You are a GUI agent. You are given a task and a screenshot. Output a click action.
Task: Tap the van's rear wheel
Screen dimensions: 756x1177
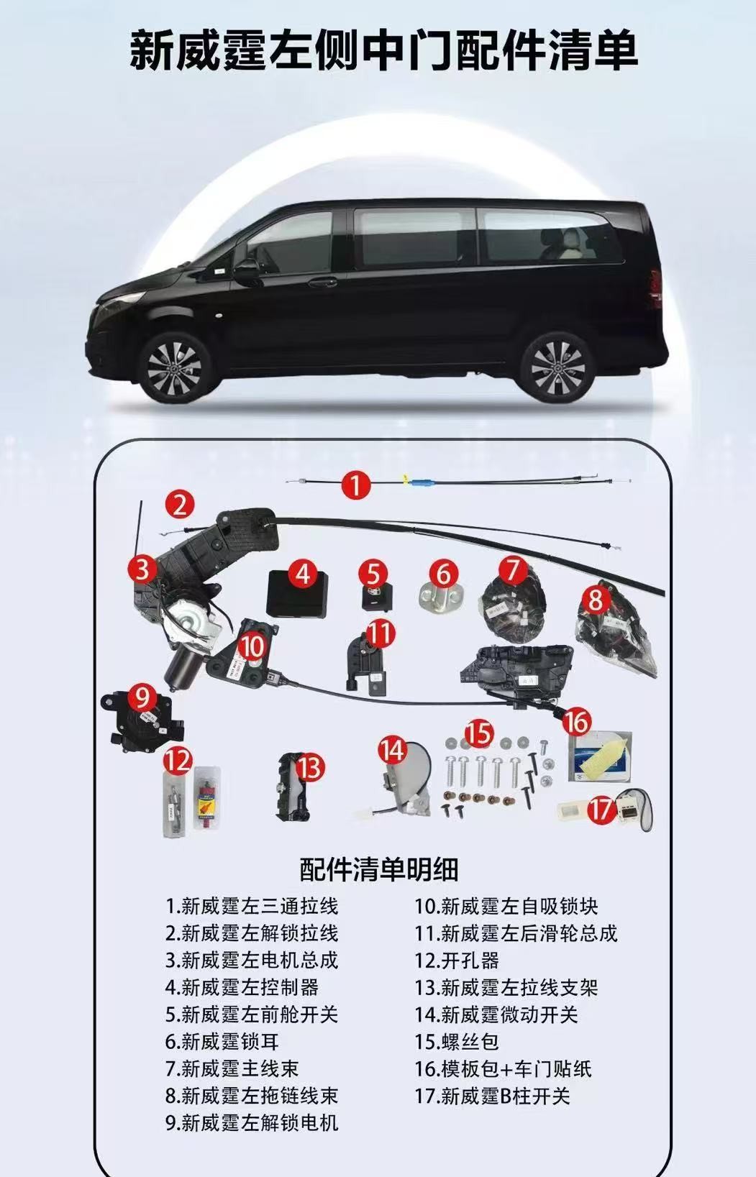[557, 366]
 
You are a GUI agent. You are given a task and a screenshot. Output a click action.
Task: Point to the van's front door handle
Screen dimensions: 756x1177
[322, 282]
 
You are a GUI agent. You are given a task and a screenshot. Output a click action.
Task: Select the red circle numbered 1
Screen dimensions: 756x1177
[356, 485]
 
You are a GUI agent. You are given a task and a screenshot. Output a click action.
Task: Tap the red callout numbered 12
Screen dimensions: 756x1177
[178, 760]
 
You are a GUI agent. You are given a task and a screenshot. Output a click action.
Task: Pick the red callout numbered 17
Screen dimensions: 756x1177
[601, 810]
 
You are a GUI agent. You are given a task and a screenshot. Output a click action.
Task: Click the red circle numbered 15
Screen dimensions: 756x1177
[480, 734]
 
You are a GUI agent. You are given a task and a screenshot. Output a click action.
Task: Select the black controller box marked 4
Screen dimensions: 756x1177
[298, 593]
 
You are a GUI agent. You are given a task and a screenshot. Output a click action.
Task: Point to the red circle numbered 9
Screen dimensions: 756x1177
[142, 698]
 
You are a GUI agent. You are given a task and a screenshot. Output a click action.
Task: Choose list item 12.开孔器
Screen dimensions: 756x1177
[457, 961]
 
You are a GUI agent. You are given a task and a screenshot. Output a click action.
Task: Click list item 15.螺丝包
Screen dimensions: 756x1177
[457, 1041]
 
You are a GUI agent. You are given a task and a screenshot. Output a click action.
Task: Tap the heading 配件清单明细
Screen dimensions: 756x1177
[378, 870]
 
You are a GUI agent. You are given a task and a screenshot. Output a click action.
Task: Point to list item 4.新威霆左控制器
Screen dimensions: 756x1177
[242, 987]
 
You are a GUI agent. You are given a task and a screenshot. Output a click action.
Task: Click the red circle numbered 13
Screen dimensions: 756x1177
[309, 768]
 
